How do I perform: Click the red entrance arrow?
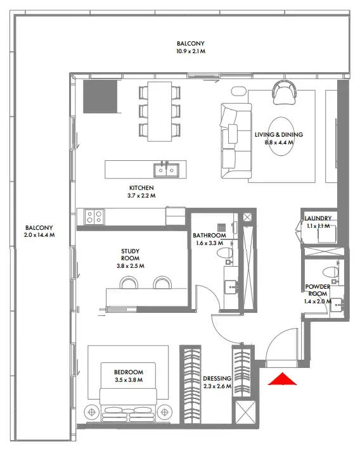(x=282, y=379)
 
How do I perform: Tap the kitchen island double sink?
(x=166, y=170)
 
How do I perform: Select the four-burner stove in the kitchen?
(x=94, y=217)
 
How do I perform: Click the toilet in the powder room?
(x=330, y=272)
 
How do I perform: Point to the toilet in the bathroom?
(x=225, y=253)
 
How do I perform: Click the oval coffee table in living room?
(x=281, y=136)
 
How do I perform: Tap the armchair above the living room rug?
(x=285, y=92)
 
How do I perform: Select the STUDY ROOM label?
(x=130, y=255)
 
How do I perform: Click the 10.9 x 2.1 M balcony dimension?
(x=191, y=51)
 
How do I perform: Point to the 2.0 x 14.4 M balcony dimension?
(x=39, y=235)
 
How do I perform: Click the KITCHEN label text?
(x=141, y=188)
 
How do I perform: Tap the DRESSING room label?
(x=217, y=379)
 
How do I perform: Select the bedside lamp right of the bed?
(x=165, y=412)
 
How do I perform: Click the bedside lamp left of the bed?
(x=92, y=412)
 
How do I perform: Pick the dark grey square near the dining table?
(x=100, y=96)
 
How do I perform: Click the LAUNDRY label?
(x=318, y=218)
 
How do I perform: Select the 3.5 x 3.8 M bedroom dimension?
(x=129, y=380)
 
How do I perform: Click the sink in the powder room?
(x=337, y=305)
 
